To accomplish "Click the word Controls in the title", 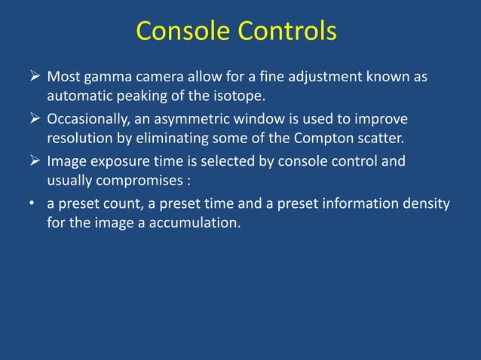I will [286, 32].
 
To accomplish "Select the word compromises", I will [150, 180].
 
